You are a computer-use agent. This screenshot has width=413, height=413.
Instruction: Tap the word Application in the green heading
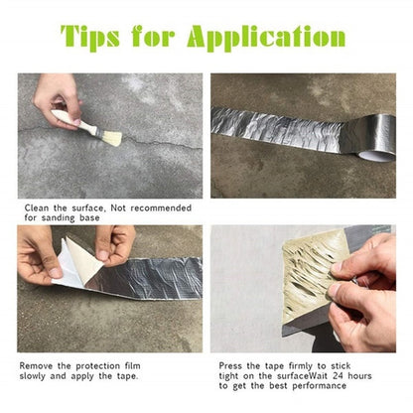click(262, 39)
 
